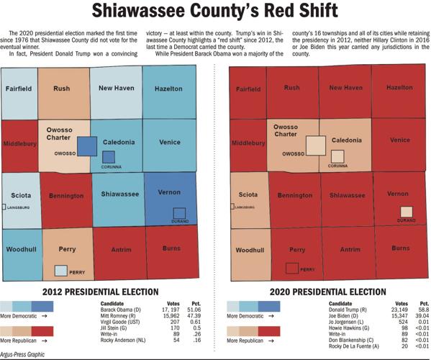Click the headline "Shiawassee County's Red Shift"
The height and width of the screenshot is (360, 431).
215,13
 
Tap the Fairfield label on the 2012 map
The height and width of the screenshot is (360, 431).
18,89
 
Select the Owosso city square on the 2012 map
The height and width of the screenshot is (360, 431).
86,146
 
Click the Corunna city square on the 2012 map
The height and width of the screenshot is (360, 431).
108,157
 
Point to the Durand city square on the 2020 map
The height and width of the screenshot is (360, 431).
406,212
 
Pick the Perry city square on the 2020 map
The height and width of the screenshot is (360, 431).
292,269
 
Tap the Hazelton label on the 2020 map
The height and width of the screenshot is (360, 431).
399,88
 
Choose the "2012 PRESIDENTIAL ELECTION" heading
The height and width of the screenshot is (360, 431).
100,292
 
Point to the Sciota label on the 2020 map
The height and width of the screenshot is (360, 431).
247,194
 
